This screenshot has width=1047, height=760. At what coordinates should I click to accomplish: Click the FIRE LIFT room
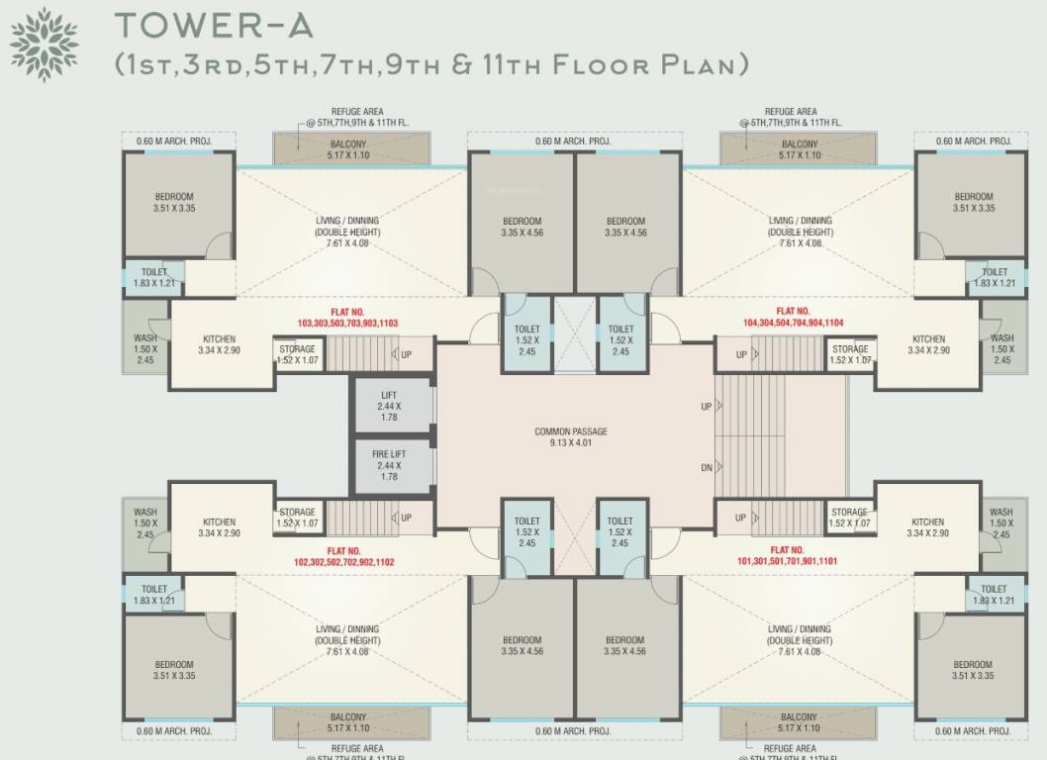coord(389,465)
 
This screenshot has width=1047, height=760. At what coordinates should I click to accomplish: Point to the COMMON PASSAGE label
coord(571,437)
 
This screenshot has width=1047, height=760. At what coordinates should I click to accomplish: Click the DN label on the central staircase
coord(706,468)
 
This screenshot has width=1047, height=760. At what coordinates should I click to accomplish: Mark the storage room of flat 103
coord(297,354)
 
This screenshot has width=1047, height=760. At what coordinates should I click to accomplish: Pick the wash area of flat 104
coord(1001,349)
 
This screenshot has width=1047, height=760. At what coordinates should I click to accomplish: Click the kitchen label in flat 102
coord(220,527)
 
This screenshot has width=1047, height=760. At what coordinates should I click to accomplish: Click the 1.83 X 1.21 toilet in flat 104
coord(995,278)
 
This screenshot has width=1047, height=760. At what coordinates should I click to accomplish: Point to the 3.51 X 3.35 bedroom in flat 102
coord(173,670)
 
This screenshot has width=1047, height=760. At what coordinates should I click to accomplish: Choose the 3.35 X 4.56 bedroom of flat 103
coord(522,227)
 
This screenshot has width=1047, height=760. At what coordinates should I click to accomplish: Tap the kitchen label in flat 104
coord(928,344)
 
